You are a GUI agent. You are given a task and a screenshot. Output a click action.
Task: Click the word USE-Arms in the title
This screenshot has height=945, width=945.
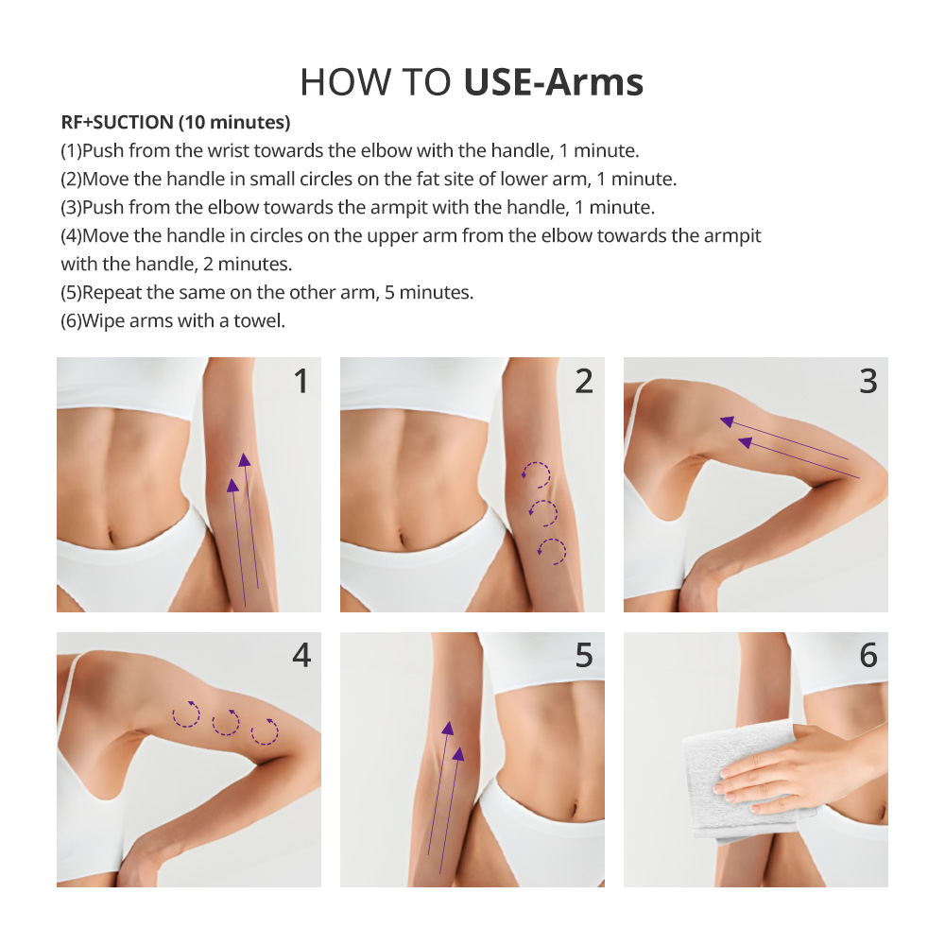pos(553,81)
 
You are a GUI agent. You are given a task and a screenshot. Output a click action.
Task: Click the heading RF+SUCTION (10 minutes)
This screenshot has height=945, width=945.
pos(176,122)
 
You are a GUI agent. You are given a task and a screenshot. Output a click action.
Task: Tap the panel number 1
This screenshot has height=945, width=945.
pos(301,381)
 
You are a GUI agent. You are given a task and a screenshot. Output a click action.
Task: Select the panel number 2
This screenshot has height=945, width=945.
pos(584,381)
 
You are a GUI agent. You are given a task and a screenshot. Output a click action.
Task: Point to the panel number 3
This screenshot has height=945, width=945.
pos(868,381)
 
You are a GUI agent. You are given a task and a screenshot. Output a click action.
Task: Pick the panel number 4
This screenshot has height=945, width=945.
pos(301,655)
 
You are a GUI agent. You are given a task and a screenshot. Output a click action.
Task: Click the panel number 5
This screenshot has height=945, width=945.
pos(584,655)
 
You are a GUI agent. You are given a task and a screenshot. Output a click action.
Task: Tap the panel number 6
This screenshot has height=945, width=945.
pos(868,655)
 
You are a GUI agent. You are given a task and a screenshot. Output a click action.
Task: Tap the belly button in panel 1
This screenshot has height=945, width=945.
pos(111,535)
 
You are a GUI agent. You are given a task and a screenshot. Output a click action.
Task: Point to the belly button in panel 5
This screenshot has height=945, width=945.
pos(574,806)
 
